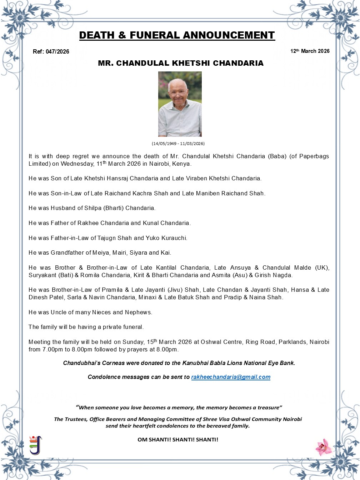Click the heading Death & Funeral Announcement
click(x=177, y=35)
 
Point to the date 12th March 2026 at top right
click(x=310, y=51)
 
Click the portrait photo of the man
click(x=180, y=104)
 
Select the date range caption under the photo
click(x=178, y=144)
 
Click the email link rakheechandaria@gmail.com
click(x=231, y=377)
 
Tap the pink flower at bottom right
click(x=324, y=447)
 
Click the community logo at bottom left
click(x=35, y=445)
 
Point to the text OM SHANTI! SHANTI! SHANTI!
click(x=178, y=440)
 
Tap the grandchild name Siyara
click(x=138, y=253)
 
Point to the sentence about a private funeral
click(x=86, y=327)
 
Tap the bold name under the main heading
click(x=181, y=63)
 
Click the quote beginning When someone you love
click(x=179, y=407)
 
